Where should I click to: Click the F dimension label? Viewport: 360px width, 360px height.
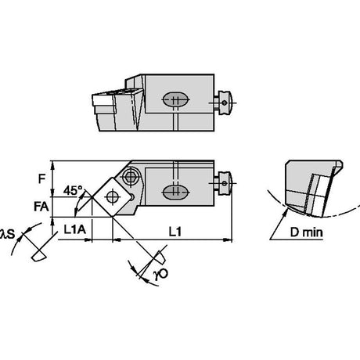[41, 179]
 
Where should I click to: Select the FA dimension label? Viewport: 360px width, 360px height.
[41, 207]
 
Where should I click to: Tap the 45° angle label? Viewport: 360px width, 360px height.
[73, 190]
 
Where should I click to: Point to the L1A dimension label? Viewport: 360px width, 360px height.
[75, 229]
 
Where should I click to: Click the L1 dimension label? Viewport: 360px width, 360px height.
[175, 232]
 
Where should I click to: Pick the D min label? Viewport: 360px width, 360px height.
[306, 232]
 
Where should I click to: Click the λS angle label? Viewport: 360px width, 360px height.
[7, 234]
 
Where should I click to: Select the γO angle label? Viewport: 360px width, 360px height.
[161, 275]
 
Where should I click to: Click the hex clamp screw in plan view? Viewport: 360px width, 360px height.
[130, 178]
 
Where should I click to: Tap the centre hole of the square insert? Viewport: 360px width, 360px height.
[112, 196]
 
